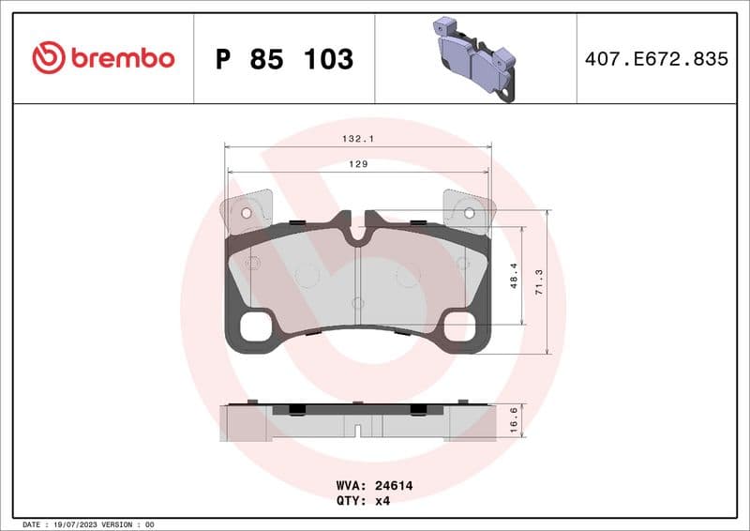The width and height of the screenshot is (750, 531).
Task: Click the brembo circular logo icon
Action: tap(48, 58)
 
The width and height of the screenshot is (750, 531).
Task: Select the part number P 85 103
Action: tap(284, 59)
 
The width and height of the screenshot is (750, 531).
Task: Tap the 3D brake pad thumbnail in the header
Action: tap(475, 58)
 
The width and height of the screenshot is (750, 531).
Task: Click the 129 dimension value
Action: tap(357, 163)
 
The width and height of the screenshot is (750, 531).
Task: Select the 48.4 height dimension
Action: tap(513, 275)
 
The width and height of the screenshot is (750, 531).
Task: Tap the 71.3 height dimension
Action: tap(537, 281)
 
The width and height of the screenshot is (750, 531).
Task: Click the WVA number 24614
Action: tap(394, 486)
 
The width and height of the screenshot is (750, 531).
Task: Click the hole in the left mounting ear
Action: tap(247, 213)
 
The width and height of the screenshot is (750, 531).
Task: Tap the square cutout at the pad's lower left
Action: tap(255, 327)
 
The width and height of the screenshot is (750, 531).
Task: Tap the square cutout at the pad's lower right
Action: tap(458, 327)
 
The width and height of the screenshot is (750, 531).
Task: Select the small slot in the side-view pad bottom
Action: tap(356, 432)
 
